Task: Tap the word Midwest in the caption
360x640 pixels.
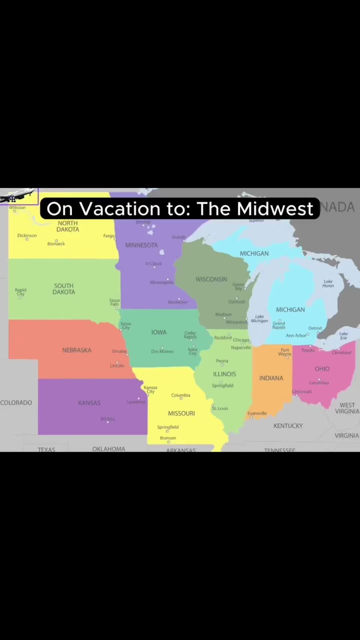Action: (x=275, y=209)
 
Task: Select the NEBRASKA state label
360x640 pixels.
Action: (x=77, y=350)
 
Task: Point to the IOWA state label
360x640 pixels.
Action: (x=159, y=332)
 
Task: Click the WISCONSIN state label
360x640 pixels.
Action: (x=211, y=279)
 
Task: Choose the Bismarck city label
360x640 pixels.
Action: (x=56, y=244)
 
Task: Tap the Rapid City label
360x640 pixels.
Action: (x=21, y=292)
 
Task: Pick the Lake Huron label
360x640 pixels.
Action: (x=328, y=283)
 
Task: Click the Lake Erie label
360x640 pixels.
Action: (x=343, y=336)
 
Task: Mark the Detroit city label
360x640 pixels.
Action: (x=315, y=328)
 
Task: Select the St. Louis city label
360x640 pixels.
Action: (x=220, y=408)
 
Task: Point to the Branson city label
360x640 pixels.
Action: (x=168, y=438)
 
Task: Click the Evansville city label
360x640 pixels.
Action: (x=257, y=413)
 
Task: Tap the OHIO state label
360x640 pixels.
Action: (x=322, y=369)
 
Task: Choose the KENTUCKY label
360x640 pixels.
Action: (x=288, y=426)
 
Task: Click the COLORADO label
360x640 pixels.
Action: (x=16, y=403)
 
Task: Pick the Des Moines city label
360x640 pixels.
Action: (x=162, y=351)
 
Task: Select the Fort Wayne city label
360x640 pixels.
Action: (x=285, y=352)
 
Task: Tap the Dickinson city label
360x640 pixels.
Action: (x=27, y=235)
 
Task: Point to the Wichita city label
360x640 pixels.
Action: (x=107, y=419)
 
